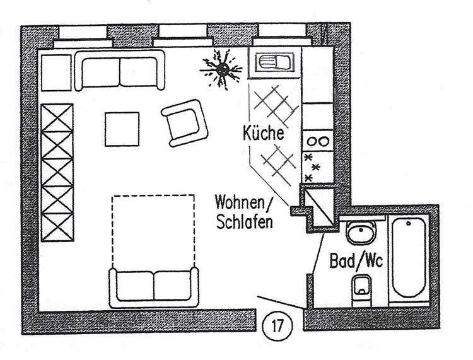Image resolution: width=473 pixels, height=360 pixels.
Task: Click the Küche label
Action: coord(264,134)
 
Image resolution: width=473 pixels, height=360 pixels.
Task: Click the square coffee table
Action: coord(122,129)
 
